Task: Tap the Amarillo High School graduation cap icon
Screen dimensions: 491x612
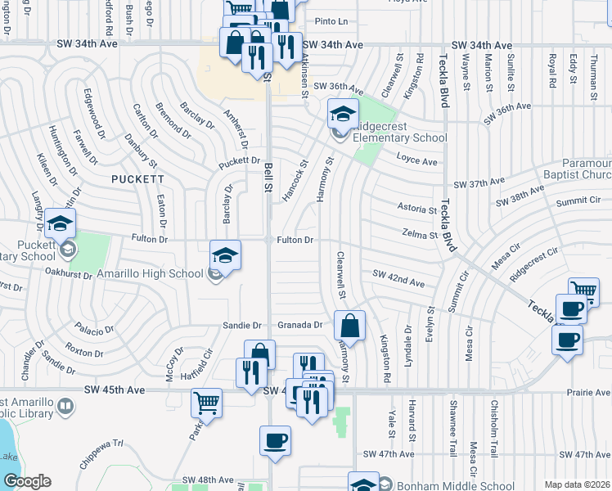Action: point(225,254)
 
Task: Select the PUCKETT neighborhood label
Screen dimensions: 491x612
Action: point(138,178)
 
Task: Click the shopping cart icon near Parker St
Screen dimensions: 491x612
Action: point(206,402)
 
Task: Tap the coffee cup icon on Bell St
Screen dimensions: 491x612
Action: point(275,441)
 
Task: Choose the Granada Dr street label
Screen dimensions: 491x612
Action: point(301,325)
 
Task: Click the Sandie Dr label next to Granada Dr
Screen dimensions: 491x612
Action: point(241,325)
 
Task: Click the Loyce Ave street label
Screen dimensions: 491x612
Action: point(416,161)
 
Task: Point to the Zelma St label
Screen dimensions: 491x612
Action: point(421,235)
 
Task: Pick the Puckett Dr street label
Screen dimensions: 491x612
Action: point(239,161)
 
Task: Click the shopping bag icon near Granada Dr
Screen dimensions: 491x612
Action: point(349,325)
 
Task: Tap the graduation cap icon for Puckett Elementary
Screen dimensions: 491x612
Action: point(60,223)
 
